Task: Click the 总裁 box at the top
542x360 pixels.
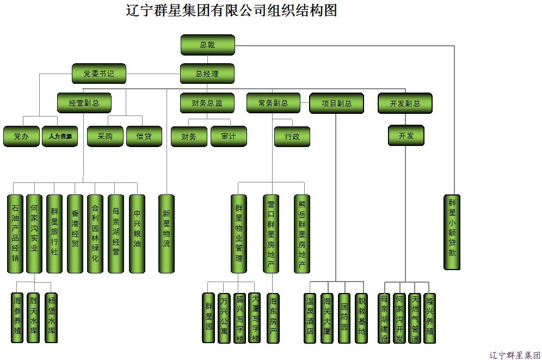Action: pos(207,45)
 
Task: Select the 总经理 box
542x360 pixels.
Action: pos(207,74)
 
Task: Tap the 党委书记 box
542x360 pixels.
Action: pos(99,74)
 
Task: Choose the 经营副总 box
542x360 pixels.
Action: pos(84,103)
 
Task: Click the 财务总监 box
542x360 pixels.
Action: pos(207,103)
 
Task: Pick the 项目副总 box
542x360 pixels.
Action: pos(336,103)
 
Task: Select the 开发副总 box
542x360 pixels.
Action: pos(405,103)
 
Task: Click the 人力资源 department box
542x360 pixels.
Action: pos(60,136)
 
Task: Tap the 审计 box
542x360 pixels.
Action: pos(229,136)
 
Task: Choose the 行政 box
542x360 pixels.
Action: pos(292,136)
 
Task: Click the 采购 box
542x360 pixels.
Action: pos(105,136)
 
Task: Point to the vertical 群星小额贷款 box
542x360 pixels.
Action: pos(452,232)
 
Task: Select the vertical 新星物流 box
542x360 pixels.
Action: pos(167,233)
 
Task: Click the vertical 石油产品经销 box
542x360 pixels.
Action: pos(15,233)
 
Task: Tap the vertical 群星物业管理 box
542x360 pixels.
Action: pos(238,233)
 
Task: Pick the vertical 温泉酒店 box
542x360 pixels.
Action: pos(310,318)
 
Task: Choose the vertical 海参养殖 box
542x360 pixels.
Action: pos(17,317)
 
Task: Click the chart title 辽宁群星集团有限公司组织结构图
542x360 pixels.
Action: pos(231,10)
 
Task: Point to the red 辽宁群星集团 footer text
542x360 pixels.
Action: pos(514,355)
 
